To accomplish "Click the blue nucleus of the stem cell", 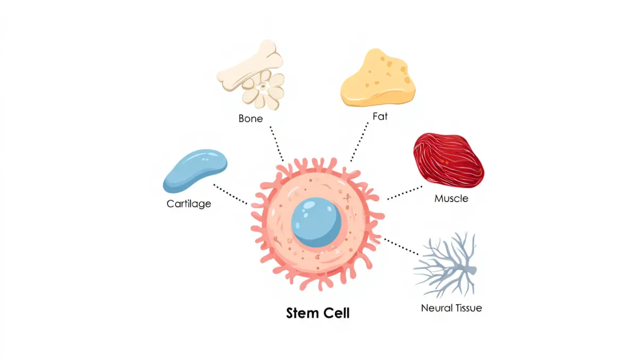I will click(316, 222).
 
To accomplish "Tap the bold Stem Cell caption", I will click(318, 313).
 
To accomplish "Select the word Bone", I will click(250, 118).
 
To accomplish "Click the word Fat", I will click(380, 115).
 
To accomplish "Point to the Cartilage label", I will click(189, 204).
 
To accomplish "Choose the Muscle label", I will click(451, 198).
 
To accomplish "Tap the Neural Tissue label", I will click(451, 308).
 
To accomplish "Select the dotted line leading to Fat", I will click(359, 141).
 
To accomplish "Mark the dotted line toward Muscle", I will click(405, 192).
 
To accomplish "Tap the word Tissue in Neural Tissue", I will click(468, 308).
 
